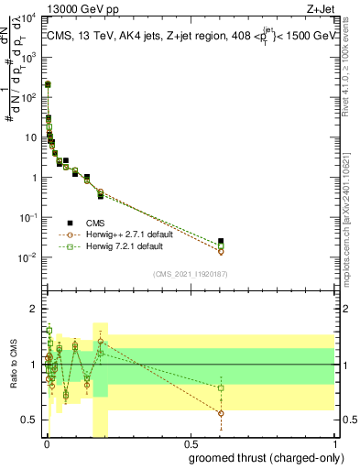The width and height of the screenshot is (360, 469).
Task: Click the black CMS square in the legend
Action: tap(70, 223)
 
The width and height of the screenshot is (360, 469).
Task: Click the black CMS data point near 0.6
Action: tap(221, 242)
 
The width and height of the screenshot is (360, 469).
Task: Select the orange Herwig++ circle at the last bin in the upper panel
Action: tap(221, 251)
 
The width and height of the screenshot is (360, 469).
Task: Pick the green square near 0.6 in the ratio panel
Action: tap(221, 387)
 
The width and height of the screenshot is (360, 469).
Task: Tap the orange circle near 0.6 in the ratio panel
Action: tap(221, 413)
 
